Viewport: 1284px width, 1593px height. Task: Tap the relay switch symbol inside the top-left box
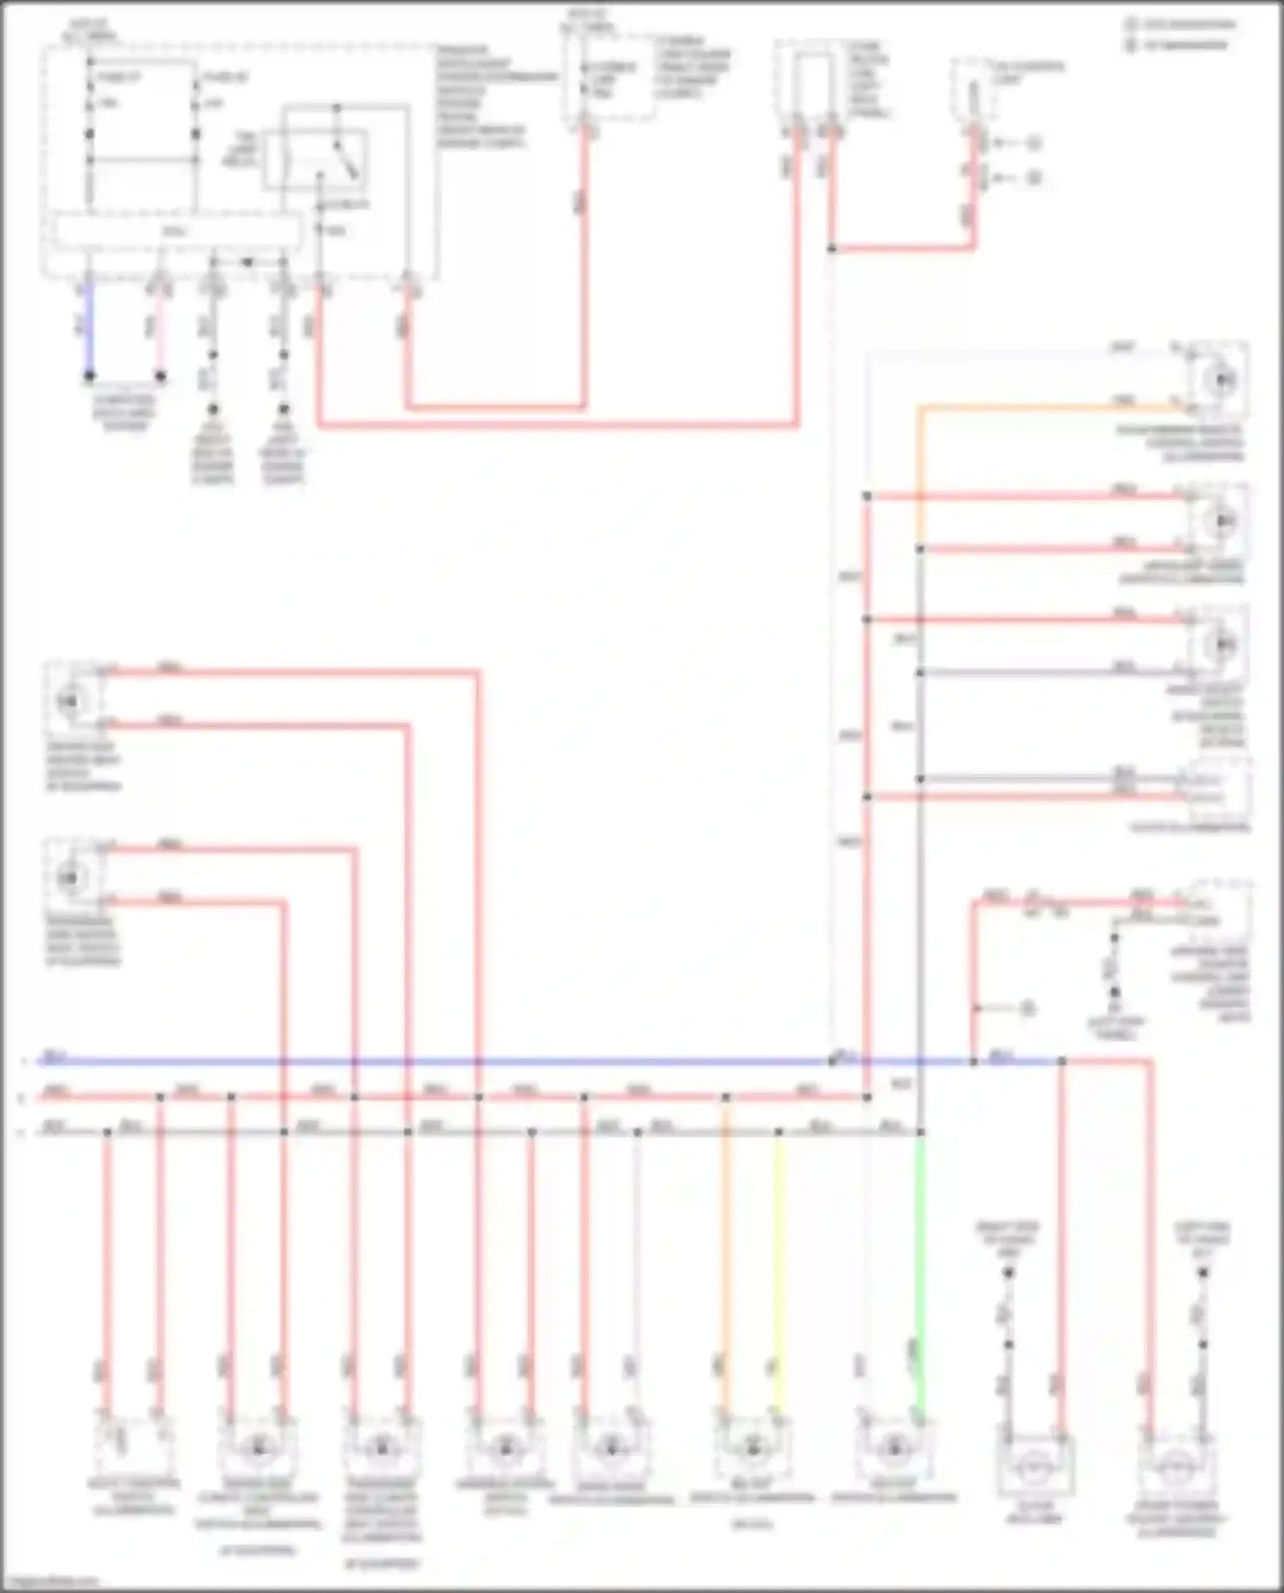click(317, 158)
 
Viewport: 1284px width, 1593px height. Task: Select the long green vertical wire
click(920, 1267)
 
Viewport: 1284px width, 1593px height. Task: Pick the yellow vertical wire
click(778, 1267)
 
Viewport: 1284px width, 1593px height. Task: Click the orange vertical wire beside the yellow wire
click(725, 1267)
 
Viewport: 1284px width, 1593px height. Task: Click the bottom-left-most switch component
click(134, 1447)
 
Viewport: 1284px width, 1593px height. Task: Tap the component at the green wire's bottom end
click(893, 1447)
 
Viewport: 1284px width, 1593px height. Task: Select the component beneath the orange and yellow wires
click(752, 1447)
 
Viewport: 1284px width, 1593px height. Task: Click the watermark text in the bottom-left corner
click(50, 1582)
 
